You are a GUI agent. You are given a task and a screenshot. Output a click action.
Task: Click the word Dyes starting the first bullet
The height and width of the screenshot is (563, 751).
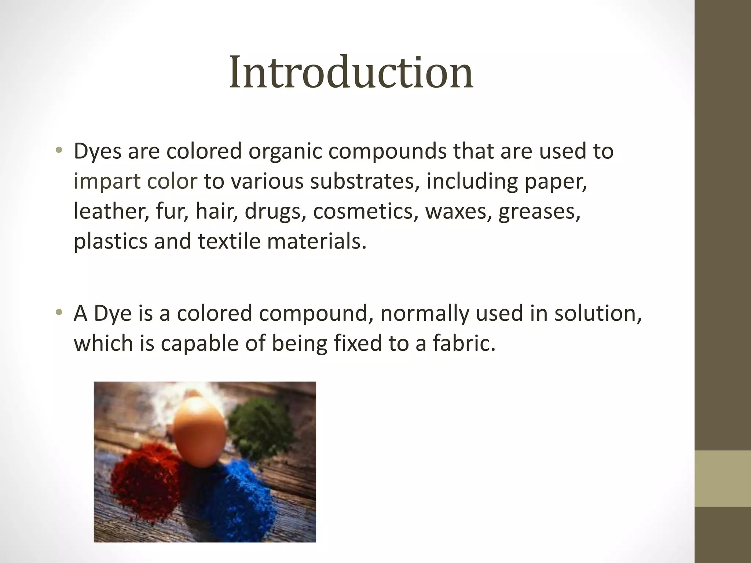(x=97, y=151)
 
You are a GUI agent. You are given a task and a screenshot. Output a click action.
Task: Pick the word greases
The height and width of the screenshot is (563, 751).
(x=539, y=211)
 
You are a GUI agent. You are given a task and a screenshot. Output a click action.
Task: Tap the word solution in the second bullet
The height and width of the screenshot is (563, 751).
(x=598, y=313)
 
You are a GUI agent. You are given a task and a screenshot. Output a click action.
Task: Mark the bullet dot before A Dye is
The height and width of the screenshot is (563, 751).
(x=59, y=312)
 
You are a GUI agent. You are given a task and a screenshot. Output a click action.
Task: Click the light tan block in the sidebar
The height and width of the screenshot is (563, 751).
(x=723, y=478)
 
